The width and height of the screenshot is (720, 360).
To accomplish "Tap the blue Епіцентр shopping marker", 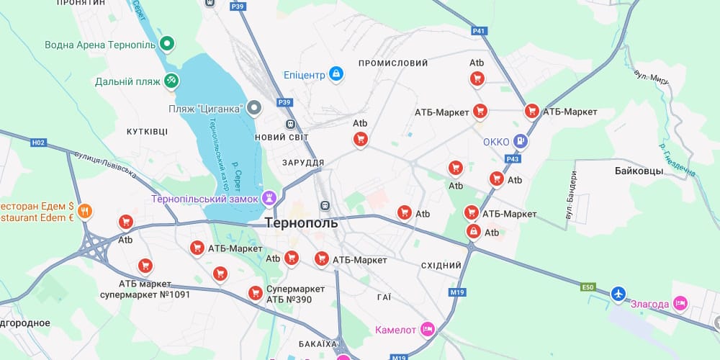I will click(x=336, y=73).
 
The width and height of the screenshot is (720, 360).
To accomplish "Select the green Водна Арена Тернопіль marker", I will click(x=168, y=45).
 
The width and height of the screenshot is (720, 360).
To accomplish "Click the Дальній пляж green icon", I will click(x=171, y=81).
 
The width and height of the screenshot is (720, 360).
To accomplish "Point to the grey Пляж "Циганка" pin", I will click(x=253, y=109).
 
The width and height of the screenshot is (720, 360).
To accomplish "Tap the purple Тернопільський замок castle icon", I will click(x=270, y=197).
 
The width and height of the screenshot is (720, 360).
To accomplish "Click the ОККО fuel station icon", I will click(x=521, y=142).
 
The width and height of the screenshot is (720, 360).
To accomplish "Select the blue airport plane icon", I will click(x=618, y=294).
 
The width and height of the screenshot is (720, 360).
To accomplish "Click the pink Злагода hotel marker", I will click(x=680, y=303).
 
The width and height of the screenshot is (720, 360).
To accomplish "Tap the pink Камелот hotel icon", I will click(x=428, y=329).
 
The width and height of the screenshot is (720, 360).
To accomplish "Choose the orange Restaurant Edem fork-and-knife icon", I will click(x=85, y=211).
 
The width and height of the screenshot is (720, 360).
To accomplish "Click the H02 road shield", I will click(x=38, y=143).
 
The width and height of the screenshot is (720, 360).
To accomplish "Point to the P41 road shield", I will click(x=480, y=31).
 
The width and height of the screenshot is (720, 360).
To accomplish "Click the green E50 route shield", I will click(x=588, y=287).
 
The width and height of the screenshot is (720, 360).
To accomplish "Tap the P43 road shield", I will click(x=513, y=158).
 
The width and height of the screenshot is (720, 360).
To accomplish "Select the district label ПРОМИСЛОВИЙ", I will click(x=393, y=63).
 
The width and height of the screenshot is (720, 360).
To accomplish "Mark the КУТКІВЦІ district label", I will click(x=147, y=132).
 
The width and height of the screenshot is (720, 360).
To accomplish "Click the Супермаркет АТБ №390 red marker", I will click(x=255, y=293).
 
